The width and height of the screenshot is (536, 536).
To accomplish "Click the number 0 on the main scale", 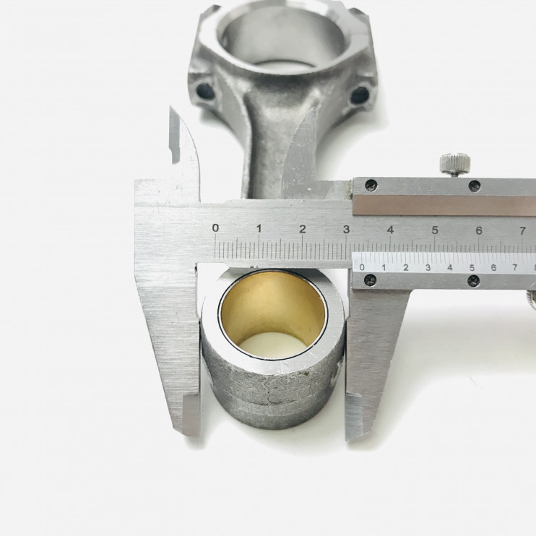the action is coord(215,228).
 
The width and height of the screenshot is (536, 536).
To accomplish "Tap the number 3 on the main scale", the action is coord(346,230).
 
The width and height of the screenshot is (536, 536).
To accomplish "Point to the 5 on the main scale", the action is coord(435,230).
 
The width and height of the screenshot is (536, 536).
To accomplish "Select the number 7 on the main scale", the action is coord(523,231).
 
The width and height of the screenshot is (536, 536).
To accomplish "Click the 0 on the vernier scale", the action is coord(363,267).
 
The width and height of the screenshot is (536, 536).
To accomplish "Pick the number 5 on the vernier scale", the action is coord(472,268).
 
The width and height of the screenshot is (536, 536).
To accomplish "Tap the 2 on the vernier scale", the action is coord(406,268).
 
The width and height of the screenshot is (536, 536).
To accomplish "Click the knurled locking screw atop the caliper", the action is coord(454,164).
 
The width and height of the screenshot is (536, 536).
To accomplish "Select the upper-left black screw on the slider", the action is coord(371,185).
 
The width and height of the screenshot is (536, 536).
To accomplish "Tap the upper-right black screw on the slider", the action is coord(475,186).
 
